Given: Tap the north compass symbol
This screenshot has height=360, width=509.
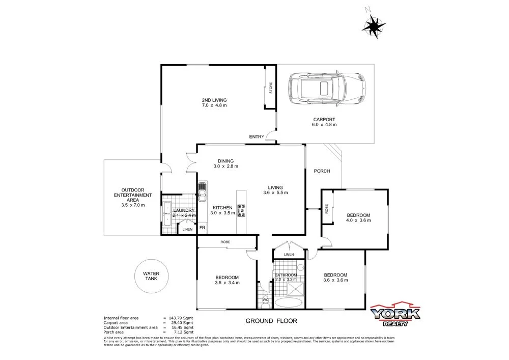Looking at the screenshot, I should point(376,23).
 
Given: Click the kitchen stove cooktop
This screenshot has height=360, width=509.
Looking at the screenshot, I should point(241,209).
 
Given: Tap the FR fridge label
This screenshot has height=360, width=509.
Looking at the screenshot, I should point(202,227).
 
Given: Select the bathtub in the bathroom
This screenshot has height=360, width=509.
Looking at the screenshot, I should point(289,302).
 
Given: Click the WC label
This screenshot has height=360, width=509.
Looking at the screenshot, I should point(265,300).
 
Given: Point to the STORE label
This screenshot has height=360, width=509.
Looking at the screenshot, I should point(271,88).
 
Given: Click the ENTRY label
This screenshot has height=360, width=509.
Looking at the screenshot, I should point(257,136).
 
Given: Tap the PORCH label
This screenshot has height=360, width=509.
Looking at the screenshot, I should point(322,171).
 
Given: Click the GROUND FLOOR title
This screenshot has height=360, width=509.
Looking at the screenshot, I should point(271,321).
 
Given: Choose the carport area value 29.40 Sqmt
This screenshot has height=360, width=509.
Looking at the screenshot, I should point(180,323).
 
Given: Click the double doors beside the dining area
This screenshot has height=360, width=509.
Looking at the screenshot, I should point(191,162).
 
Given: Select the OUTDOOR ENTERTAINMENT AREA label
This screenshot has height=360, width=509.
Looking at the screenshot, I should point(132,195).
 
